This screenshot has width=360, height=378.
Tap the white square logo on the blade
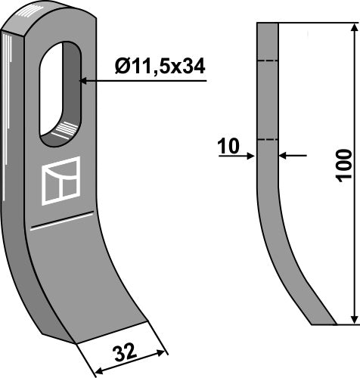[61, 181]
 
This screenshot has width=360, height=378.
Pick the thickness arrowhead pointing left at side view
[284, 156]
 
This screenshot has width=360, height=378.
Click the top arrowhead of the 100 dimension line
[352, 27]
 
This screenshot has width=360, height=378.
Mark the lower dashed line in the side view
[268, 139]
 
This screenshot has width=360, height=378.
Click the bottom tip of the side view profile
[324, 324]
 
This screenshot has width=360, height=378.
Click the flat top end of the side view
[268, 23]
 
